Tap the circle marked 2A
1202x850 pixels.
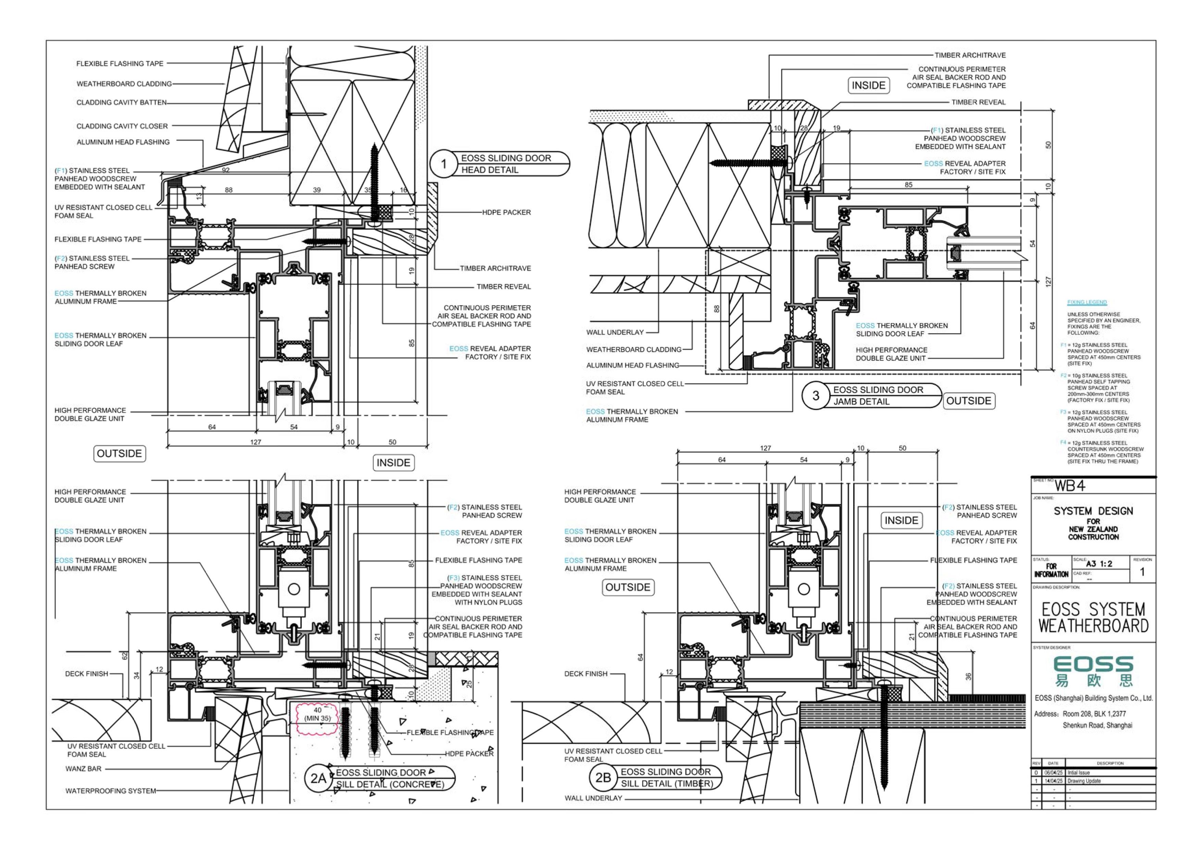(x=318, y=778)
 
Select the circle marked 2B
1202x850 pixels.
(x=603, y=778)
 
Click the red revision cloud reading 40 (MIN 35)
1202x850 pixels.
(x=317, y=714)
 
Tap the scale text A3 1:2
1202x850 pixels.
(x=1099, y=564)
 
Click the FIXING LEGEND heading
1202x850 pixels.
(x=1087, y=302)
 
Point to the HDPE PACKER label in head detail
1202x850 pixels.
(x=506, y=212)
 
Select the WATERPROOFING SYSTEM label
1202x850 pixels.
(x=110, y=791)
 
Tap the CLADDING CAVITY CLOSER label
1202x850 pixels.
(x=122, y=126)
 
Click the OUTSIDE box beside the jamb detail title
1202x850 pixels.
(x=968, y=401)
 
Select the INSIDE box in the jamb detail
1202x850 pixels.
(x=868, y=85)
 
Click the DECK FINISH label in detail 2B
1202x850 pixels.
(x=586, y=674)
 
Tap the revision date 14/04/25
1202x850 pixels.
(x=1053, y=781)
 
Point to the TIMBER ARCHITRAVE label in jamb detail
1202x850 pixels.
(x=977, y=55)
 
